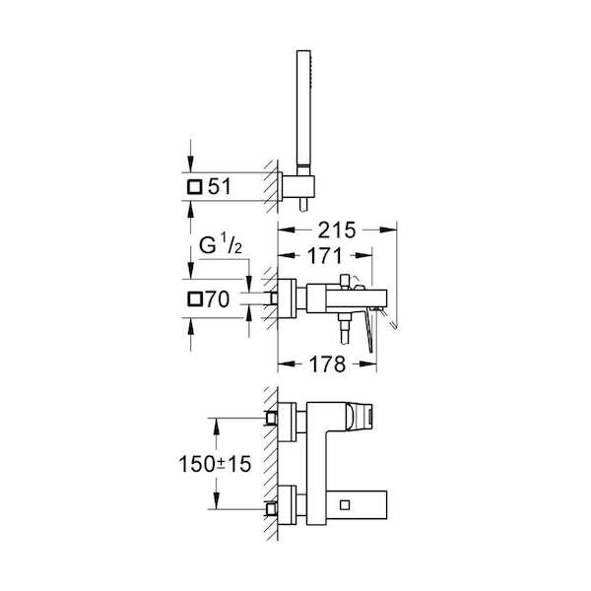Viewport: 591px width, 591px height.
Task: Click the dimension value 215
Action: click(x=337, y=230)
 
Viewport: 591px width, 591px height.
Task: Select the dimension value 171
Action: click(x=324, y=256)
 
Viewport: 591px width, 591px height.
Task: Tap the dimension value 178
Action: click(x=327, y=364)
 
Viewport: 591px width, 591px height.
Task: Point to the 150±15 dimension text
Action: click(x=215, y=464)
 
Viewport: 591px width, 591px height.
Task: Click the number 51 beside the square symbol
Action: click(x=220, y=186)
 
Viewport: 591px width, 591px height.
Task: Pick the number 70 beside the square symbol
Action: click(x=217, y=299)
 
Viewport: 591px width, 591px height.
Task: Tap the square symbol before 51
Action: click(x=195, y=187)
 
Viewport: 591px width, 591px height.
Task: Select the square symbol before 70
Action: click(x=195, y=299)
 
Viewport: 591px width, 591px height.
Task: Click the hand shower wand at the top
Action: click(x=303, y=112)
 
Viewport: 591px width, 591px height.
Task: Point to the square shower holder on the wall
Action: click(x=298, y=186)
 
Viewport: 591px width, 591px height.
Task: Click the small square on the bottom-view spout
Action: click(x=345, y=504)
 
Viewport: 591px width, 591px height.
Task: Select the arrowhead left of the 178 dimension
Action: click(x=287, y=363)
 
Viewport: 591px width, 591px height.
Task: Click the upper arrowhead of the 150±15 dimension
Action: click(x=217, y=427)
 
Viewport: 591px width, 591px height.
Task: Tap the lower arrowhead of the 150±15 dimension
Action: click(x=217, y=500)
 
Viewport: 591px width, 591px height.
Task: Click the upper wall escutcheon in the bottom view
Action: click(x=288, y=423)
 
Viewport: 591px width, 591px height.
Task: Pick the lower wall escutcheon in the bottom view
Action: click(x=288, y=505)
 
